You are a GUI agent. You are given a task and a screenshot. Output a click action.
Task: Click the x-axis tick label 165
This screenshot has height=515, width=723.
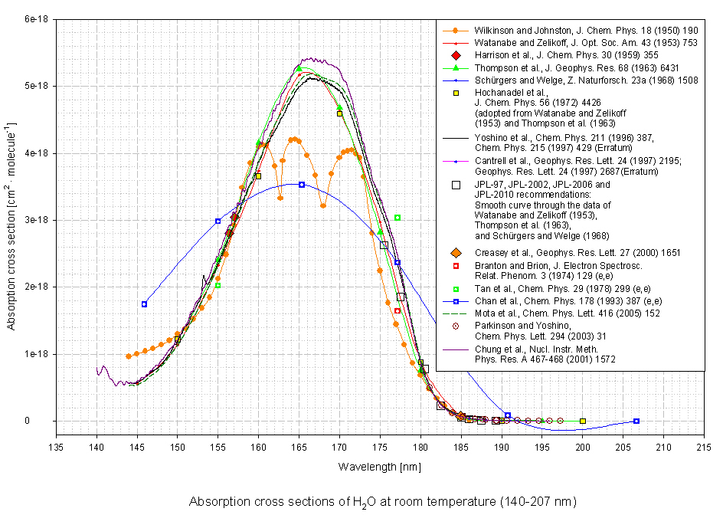coord(299,448)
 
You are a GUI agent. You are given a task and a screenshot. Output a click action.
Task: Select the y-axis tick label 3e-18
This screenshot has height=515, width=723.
coord(36,220)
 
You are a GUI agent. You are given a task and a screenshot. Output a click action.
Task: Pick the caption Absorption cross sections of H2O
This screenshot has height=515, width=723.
coord(381,502)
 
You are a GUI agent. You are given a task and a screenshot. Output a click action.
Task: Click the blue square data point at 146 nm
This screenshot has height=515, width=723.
coord(144,304)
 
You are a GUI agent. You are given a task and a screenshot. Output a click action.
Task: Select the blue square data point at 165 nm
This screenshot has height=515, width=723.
coord(302,185)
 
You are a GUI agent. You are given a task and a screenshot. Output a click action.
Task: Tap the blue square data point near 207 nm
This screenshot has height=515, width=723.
coord(636,421)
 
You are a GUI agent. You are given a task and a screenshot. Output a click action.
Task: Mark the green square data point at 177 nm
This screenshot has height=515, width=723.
coord(397,218)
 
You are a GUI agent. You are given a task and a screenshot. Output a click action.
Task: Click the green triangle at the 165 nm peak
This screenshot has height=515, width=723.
coord(299,69)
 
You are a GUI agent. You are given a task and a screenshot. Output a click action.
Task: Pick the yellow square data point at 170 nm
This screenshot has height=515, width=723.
coord(339,113)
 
